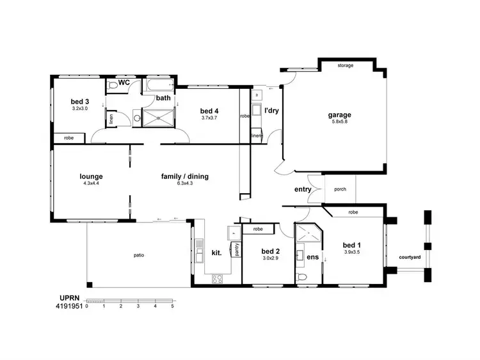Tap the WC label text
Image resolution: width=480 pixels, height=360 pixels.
[124, 83]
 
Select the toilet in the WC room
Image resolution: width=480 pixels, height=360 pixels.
[113, 85]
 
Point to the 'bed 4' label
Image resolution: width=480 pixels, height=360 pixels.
[209, 110]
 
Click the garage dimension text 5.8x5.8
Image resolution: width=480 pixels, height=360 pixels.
[340, 123]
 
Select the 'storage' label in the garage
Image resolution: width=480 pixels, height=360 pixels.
[346, 66]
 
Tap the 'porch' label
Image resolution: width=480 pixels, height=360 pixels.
[340, 189]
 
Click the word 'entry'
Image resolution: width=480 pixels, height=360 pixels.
[303, 189]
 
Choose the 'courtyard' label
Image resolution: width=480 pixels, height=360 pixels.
[409, 256]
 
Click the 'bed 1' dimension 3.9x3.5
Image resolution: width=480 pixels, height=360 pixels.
[352, 253]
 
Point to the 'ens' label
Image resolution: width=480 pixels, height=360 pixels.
[314, 257]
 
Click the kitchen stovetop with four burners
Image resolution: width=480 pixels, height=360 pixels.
[217, 278]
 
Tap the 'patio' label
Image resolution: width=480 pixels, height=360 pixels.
[139, 256]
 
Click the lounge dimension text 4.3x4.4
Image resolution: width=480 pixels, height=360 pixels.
[92, 184]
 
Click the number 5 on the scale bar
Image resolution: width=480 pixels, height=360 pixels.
[172, 306]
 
